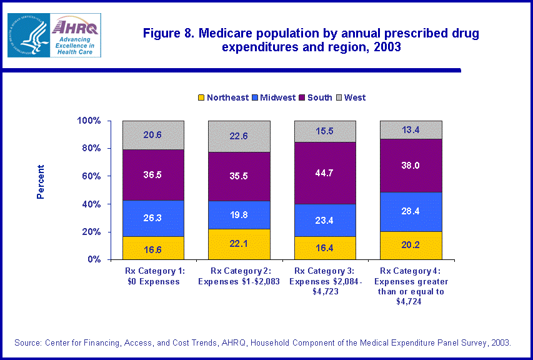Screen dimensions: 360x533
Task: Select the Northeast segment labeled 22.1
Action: (x=239, y=244)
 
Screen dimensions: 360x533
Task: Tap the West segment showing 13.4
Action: (x=411, y=130)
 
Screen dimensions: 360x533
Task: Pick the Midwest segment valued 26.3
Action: (x=153, y=218)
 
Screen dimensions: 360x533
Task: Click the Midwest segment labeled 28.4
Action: (x=411, y=211)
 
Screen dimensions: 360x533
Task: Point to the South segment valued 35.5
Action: (x=239, y=176)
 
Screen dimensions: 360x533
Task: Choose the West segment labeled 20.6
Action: (x=153, y=135)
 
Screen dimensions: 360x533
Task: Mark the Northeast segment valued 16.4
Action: (x=325, y=247)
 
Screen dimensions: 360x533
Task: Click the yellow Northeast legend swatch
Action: (x=201, y=97)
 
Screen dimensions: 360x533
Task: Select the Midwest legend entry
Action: (x=274, y=97)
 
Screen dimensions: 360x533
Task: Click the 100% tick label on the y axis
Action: (x=88, y=121)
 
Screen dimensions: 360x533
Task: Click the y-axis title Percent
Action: (x=41, y=181)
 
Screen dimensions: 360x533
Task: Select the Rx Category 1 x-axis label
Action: (x=153, y=276)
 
